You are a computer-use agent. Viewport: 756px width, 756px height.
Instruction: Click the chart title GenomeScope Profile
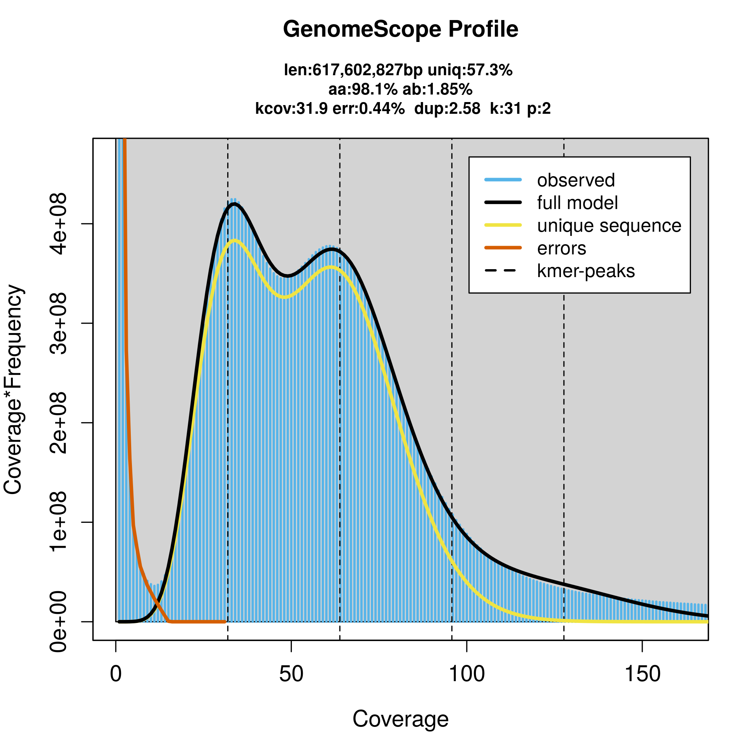pos(400,29)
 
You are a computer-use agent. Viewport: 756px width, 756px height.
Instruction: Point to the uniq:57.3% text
pos(469,70)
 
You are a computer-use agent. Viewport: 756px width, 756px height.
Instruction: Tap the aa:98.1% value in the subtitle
pos(363,90)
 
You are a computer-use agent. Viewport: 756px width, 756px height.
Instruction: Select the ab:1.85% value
pos(437,90)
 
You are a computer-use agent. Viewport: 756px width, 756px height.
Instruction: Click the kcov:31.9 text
pos(291,108)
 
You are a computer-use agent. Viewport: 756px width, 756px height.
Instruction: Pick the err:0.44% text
pos(368,108)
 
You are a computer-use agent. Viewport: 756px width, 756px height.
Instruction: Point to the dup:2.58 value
pos(447,108)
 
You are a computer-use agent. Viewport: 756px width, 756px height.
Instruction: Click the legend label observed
pos(576,180)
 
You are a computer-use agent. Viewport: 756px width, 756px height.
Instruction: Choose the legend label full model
pos(577,203)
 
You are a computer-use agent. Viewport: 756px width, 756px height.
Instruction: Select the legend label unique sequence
pos(609,226)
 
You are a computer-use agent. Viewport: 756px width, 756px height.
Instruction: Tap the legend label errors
pos(562,248)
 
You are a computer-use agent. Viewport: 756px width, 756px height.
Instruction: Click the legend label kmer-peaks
pos(586,271)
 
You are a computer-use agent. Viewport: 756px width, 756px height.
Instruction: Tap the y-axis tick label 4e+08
pos(59,224)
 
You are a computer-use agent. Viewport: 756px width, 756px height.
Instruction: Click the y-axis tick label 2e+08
pos(59,423)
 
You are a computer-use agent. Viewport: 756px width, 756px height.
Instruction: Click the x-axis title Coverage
pos(400,719)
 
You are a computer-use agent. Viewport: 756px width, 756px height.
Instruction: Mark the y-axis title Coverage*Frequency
pos(13,390)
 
